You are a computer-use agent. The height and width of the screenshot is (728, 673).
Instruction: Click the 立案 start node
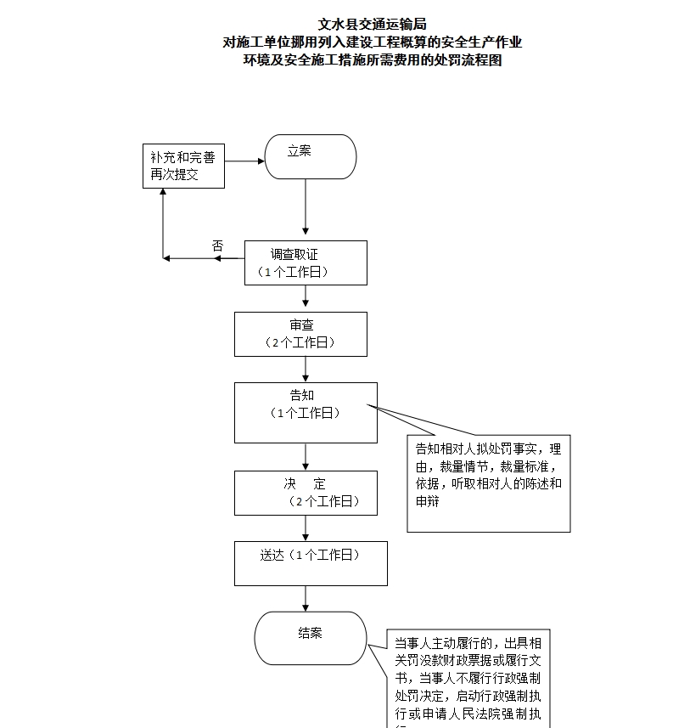click(311, 157)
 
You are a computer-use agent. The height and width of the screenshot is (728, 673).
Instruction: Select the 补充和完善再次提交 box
click(182, 166)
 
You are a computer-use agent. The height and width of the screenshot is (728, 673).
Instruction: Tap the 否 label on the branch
click(217, 245)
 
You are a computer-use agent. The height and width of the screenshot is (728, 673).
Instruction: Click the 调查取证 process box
click(306, 262)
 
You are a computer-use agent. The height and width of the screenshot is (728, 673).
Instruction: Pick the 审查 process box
click(301, 334)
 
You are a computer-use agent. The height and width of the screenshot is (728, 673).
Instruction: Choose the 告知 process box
click(306, 412)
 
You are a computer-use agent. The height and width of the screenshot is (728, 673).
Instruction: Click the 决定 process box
click(306, 493)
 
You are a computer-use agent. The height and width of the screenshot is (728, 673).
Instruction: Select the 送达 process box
click(311, 563)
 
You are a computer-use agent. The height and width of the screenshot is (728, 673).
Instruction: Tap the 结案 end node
click(311, 638)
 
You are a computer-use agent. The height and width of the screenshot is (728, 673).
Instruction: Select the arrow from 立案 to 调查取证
click(306, 208)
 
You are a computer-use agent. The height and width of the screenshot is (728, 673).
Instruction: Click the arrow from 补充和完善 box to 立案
click(244, 160)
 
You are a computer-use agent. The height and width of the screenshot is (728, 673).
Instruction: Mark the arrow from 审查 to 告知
click(306, 369)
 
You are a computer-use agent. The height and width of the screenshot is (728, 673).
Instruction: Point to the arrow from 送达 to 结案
click(306, 597)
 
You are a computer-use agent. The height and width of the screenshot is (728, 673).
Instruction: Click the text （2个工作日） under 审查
click(300, 342)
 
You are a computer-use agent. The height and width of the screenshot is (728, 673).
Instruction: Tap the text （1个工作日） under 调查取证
click(293, 272)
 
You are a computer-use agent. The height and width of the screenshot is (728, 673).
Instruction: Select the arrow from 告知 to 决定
click(306, 457)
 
